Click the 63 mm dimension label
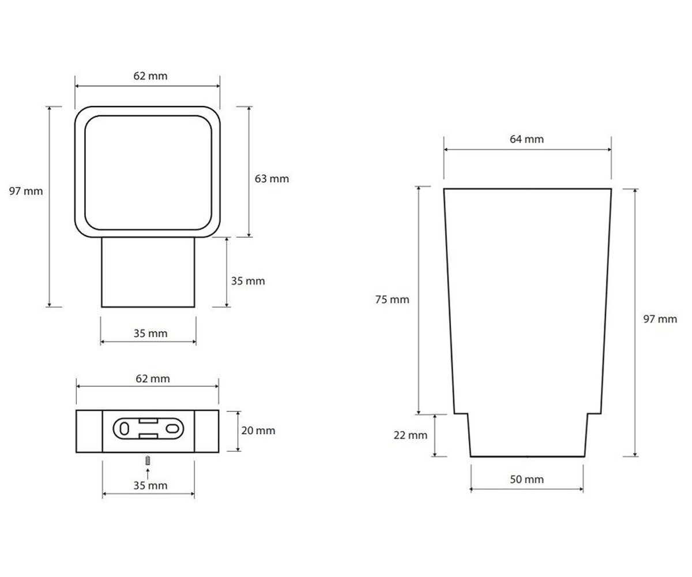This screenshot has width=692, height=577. [272, 179]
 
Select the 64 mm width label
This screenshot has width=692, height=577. [526, 139]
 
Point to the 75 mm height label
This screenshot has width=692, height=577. [392, 299]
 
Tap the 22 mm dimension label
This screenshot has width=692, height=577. [410, 435]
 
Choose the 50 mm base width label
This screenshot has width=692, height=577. [526, 479]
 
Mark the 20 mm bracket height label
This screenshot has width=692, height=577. [258, 430]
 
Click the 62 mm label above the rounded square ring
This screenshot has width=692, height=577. [150, 76]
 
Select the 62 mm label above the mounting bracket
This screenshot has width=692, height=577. [152, 379]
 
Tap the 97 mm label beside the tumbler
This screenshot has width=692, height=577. [660, 319]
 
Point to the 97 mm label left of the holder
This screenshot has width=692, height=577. [26, 191]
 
